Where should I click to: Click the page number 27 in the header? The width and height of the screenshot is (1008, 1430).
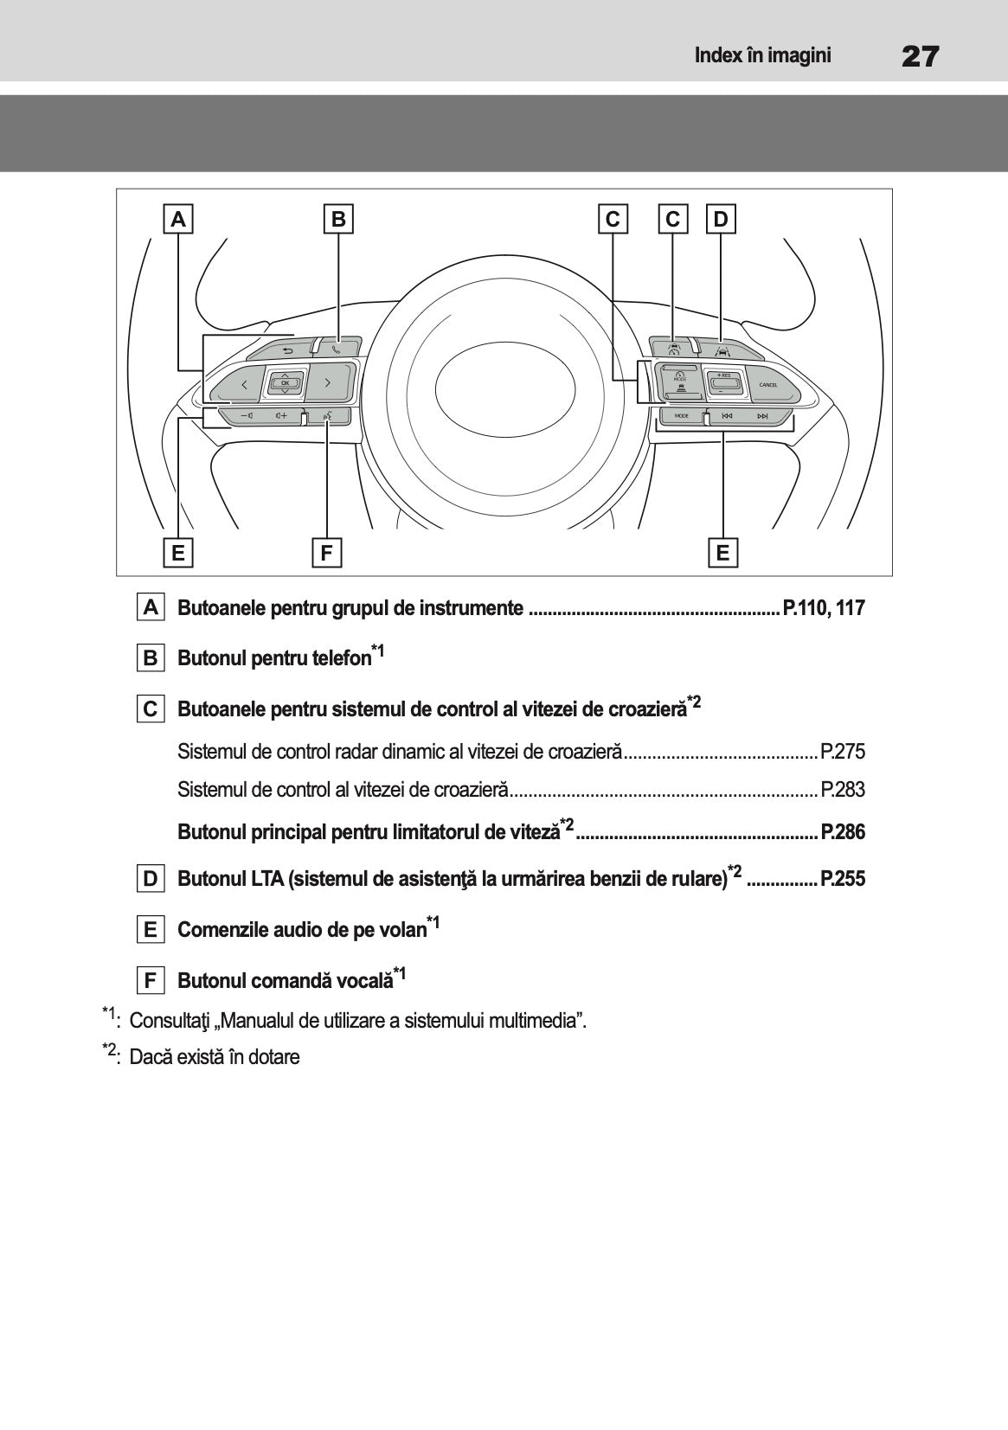point(920,57)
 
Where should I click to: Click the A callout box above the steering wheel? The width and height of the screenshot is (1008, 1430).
point(178,219)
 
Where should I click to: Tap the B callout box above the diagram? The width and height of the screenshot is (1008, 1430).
point(338,219)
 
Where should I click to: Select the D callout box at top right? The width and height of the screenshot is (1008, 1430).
point(721,219)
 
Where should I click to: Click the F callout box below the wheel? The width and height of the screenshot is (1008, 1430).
point(326,552)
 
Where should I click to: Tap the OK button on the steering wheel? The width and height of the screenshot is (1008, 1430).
point(285,382)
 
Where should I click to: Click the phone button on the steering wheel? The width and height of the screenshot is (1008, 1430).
point(337,349)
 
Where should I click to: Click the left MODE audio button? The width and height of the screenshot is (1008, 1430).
point(682,416)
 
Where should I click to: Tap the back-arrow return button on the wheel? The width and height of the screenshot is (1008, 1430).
point(286,350)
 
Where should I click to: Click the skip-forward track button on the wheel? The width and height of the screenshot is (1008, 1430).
point(762,416)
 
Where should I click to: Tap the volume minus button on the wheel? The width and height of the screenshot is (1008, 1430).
point(247,416)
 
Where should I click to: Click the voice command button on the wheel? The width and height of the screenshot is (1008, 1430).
point(327,416)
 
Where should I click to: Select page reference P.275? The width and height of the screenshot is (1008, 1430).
point(842,751)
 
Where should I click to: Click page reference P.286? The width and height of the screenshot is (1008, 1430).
point(842,831)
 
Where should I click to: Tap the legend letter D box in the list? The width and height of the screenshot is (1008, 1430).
point(151,879)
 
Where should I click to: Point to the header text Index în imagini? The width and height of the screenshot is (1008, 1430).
point(762,56)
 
